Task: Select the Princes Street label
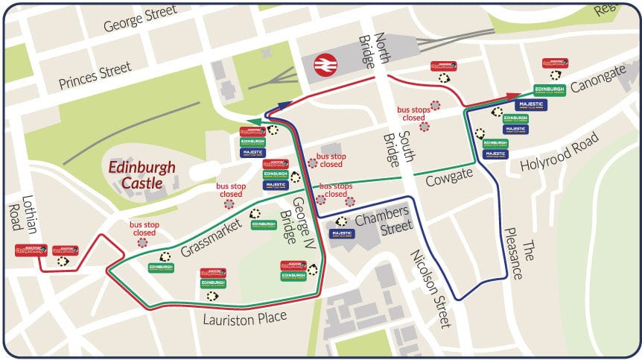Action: (95, 74)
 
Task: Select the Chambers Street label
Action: (383, 221)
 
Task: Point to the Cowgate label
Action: (449, 180)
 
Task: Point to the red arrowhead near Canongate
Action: (513, 95)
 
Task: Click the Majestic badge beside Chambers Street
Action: (342, 233)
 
